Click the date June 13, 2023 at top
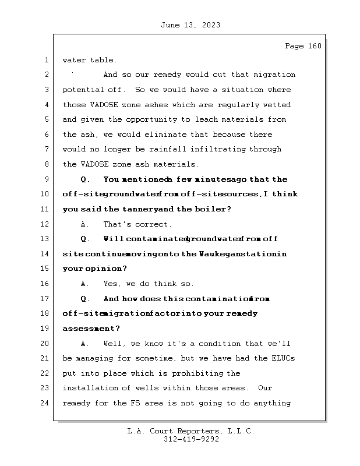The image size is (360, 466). click(x=189, y=25)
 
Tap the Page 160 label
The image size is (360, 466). click(x=303, y=46)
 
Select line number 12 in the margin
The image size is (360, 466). click(x=46, y=224)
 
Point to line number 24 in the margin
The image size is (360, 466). click(x=46, y=403)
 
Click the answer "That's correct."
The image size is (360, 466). click(x=137, y=224)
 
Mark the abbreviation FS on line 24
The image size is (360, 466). click(x=140, y=403)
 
